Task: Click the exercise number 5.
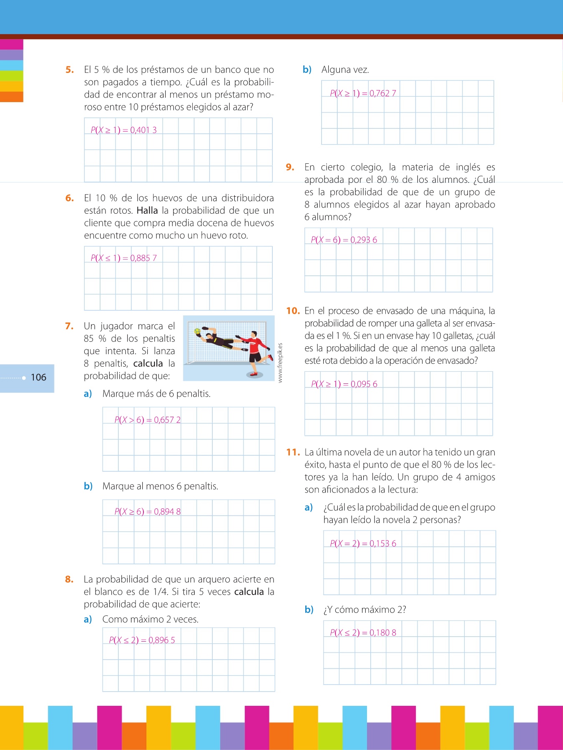[69, 70]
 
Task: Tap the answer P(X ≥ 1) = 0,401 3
[123, 130]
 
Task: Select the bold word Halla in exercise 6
[147, 210]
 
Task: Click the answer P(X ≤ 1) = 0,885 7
[123, 258]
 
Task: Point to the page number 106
[38, 377]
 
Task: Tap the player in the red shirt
[254, 350]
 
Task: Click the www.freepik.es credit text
[280, 362]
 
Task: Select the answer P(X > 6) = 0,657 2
[147, 420]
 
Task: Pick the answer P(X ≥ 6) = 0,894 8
[147, 511]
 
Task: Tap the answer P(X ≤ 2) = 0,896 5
[142, 640]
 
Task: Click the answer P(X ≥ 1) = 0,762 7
[363, 93]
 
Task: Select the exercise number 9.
[290, 167]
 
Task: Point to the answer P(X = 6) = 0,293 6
[344, 240]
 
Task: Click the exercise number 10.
[293, 311]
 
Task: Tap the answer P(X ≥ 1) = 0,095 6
[344, 384]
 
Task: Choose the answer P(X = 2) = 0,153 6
[363, 543]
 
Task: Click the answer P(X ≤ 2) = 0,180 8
[363, 632]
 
